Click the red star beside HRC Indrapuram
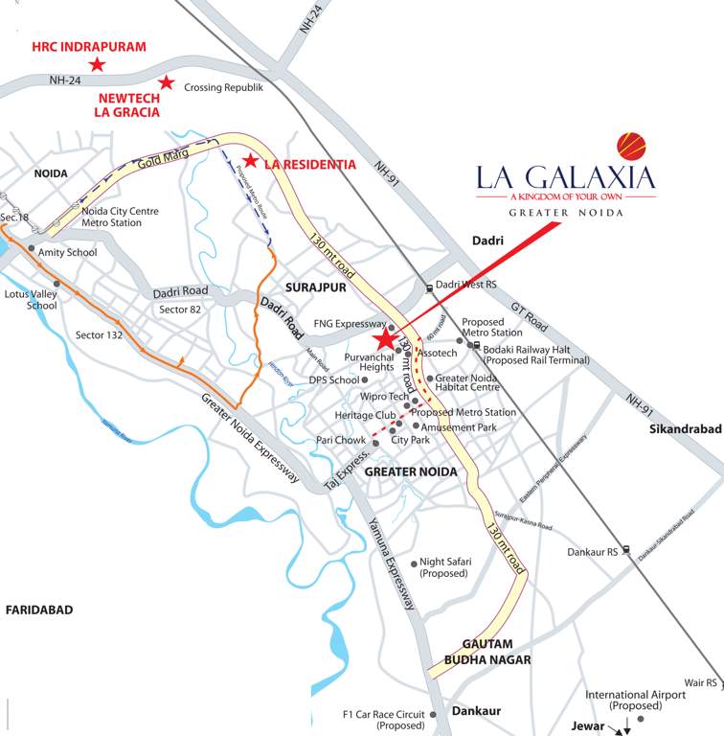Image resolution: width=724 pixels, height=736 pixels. click(97, 64)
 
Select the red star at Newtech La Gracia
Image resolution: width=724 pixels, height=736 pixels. click(166, 82)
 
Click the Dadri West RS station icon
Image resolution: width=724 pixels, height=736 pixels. click(429, 286)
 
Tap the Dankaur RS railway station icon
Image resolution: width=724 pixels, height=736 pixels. click(625, 550)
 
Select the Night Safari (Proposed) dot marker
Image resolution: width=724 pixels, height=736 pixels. click(414, 563)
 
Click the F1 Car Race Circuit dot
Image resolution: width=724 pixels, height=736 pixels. click(433, 714)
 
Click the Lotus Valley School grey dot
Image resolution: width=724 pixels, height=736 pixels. click(57, 284)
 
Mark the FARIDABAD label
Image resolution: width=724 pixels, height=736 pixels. click(38, 609)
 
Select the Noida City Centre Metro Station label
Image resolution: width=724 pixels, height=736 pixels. click(120, 218)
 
